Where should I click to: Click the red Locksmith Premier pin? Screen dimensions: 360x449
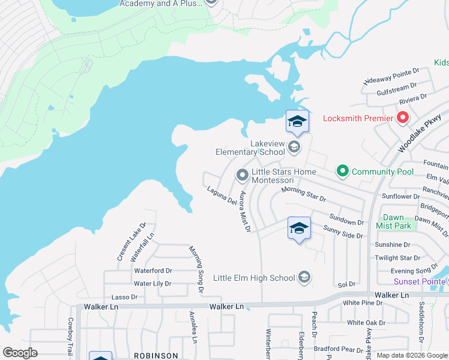point(402,118)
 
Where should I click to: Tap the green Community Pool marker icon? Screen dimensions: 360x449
point(343,172)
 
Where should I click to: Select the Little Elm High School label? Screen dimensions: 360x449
point(255,278)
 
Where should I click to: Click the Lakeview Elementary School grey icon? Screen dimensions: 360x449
point(294,146)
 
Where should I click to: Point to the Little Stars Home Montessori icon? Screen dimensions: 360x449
point(243,175)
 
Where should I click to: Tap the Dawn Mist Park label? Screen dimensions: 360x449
point(394,221)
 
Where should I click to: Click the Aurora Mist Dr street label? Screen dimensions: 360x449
point(244,211)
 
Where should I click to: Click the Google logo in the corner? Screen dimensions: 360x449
point(20,353)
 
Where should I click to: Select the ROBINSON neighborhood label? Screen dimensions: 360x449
point(155,356)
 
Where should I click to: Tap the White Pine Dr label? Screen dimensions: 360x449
point(362,303)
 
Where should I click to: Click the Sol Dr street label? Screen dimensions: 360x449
point(347,284)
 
